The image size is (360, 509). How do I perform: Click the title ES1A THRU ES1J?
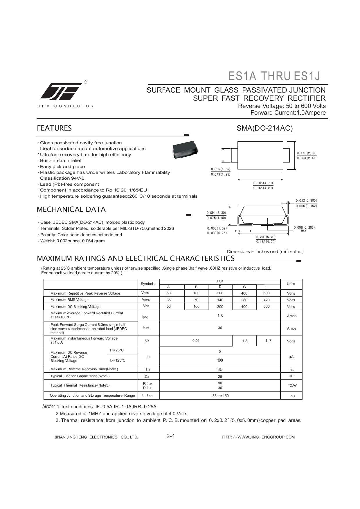point(274,76)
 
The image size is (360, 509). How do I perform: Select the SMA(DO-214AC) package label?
point(264,128)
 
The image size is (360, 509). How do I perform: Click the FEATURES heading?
point(54,128)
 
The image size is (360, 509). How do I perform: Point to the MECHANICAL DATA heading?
point(71,210)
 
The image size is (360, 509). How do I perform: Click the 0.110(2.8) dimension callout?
point(306,153)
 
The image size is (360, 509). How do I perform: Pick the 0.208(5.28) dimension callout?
point(266,237)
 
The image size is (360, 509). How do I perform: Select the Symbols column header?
point(148,284)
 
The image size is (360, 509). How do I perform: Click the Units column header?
point(291,284)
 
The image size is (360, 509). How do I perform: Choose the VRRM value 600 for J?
point(267,293)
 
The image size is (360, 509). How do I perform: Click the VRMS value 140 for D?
point(220,300)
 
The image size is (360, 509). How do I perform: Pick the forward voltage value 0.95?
point(196,341)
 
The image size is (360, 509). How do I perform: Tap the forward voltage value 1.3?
point(245,341)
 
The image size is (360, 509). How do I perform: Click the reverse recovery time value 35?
point(220,369)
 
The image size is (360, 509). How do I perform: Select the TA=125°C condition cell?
point(117,360)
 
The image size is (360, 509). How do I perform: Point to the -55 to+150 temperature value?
point(220,396)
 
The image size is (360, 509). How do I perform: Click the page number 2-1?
point(171,436)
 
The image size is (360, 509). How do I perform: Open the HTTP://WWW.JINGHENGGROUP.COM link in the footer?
point(258,437)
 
